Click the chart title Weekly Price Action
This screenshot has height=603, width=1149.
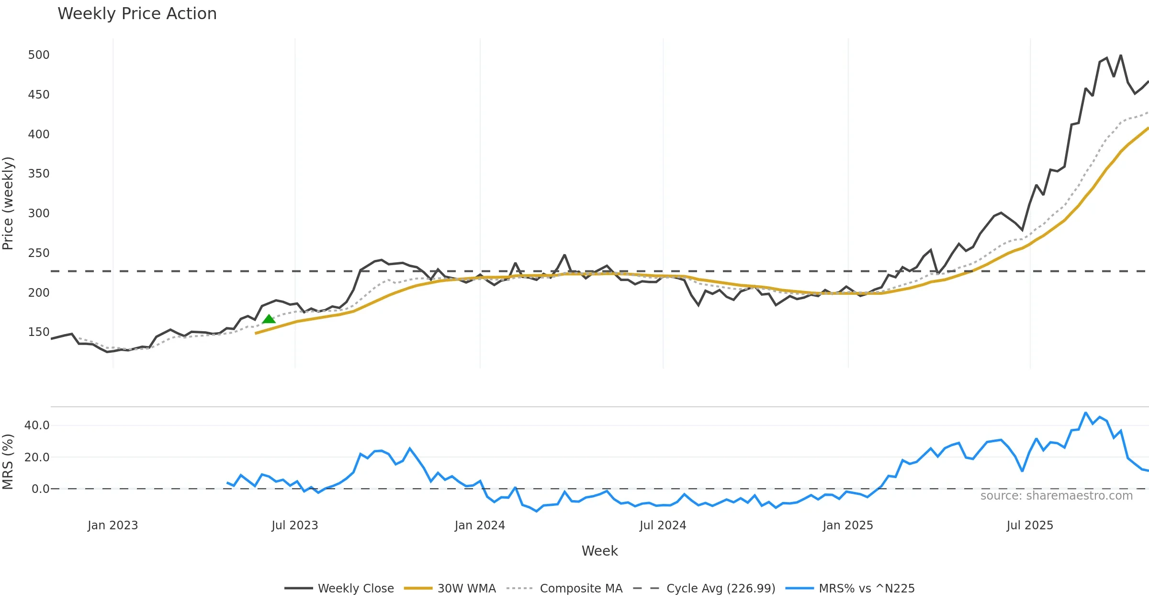[137, 14]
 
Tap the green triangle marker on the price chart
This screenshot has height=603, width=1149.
[269, 319]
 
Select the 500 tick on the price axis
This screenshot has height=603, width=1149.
[39, 55]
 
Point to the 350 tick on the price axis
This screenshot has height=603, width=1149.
[39, 174]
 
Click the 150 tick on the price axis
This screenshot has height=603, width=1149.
[39, 332]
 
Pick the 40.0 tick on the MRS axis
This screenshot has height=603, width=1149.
[37, 425]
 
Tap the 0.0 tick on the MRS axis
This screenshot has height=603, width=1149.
[40, 489]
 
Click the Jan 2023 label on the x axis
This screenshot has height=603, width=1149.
[113, 525]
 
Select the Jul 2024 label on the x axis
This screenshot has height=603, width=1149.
[663, 525]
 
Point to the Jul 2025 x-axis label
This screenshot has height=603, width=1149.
[1030, 525]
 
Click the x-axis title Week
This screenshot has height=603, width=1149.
[599, 551]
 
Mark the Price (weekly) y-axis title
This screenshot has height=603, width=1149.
[8, 203]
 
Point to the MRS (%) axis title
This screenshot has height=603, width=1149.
[8, 462]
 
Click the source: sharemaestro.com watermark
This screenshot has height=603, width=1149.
[1056, 496]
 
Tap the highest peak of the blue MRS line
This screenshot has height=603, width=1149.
[1085, 413]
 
